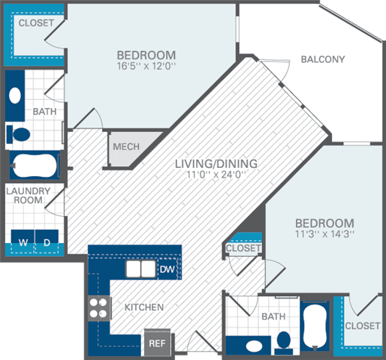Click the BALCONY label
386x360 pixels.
tap(322, 60)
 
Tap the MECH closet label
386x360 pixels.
tap(126, 145)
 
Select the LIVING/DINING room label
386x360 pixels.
tap(216, 163)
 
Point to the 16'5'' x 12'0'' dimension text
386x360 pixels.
tap(146, 66)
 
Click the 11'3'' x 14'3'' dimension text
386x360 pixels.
tap(324, 234)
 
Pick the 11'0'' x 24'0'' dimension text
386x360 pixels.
tap(216, 175)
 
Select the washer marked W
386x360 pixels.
tap(23, 242)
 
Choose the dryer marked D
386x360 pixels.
tap(46, 242)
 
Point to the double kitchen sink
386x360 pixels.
tap(140, 269)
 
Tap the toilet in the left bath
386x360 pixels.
tap(21, 134)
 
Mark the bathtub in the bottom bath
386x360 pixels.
tap(314, 327)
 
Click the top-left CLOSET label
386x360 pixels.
tap(36, 23)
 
